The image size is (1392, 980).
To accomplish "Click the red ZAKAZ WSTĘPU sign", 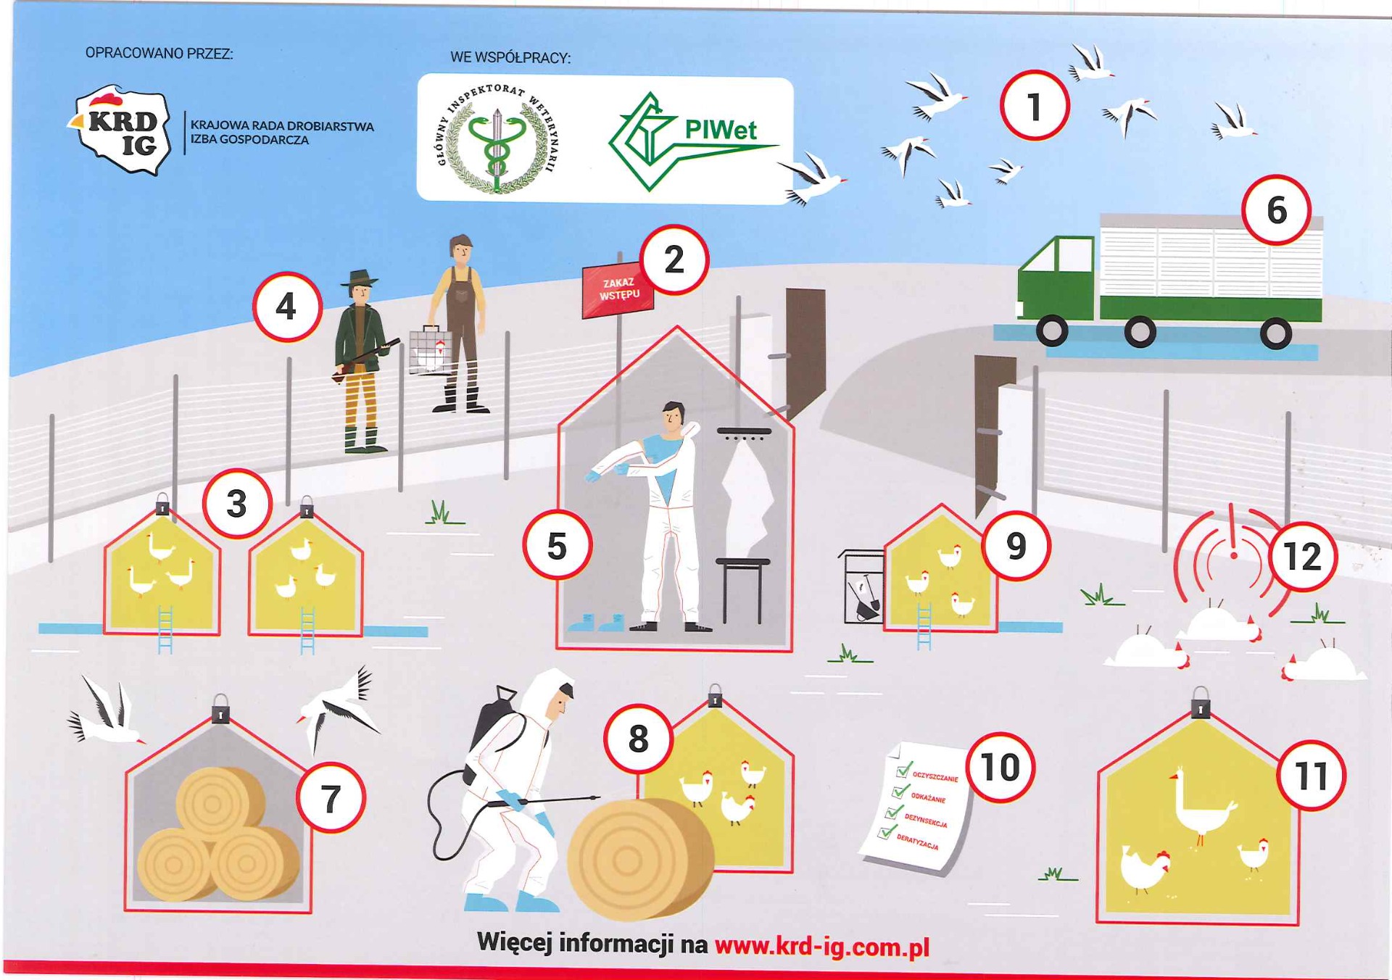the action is pyautogui.click(x=618, y=291).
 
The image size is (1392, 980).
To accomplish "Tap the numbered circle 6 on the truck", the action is pyautogui.click(x=1276, y=210).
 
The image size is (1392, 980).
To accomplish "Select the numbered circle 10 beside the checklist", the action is pyautogui.click(x=1000, y=767).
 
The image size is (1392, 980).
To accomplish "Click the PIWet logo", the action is pyautogui.click(x=692, y=141).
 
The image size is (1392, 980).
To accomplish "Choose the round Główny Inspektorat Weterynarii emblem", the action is pyautogui.click(x=497, y=138).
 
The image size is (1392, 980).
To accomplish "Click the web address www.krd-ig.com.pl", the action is pyautogui.click(x=822, y=947).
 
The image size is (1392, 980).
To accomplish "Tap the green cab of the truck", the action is pyautogui.click(x=1056, y=279).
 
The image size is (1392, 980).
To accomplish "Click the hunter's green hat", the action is pyautogui.click(x=360, y=278).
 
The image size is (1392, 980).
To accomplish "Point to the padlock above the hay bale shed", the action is pyautogui.click(x=220, y=710).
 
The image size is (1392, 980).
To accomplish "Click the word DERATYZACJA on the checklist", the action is pyautogui.click(x=917, y=842).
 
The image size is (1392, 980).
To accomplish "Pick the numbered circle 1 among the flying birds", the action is pyautogui.click(x=1035, y=106).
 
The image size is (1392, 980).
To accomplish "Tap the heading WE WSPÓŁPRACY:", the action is pyautogui.click(x=510, y=57).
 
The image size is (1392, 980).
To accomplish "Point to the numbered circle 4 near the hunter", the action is pyautogui.click(x=287, y=307).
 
